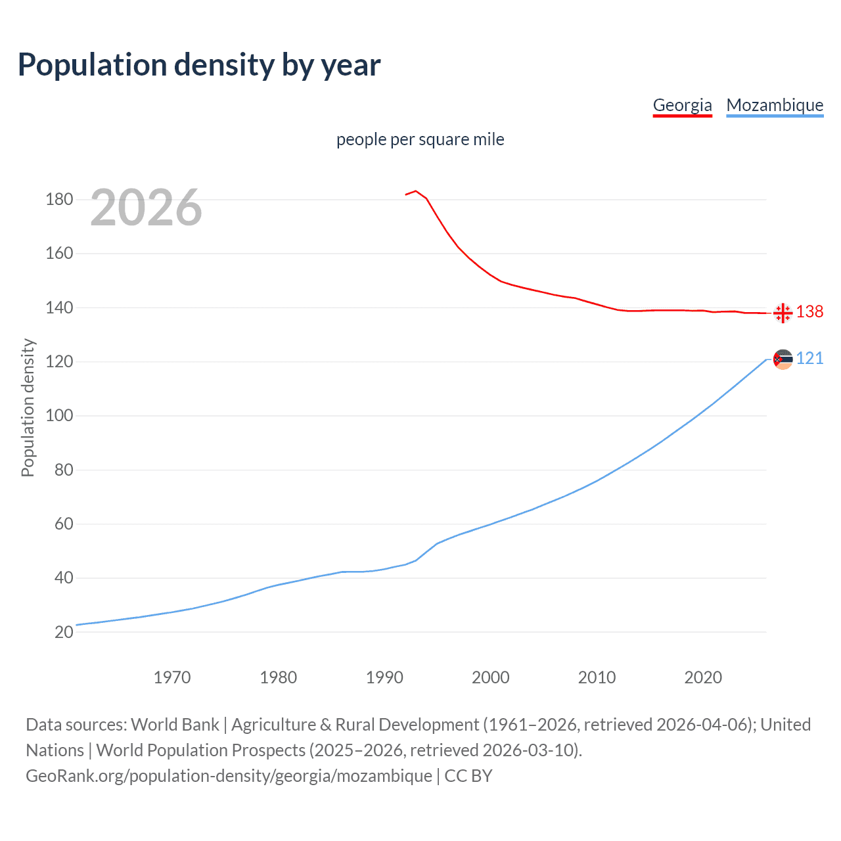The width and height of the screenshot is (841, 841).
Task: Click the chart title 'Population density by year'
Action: click(199, 65)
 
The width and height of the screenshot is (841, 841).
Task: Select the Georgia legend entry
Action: click(682, 105)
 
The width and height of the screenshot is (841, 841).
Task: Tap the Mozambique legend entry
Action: click(775, 105)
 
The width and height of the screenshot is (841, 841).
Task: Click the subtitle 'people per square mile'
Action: click(420, 139)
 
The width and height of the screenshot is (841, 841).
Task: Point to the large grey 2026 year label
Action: click(146, 208)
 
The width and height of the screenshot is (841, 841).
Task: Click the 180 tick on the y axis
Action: click(59, 199)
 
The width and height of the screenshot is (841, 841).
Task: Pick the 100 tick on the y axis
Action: click(59, 416)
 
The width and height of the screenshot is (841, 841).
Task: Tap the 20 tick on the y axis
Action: click(64, 632)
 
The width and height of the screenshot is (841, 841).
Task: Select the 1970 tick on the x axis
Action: click(172, 677)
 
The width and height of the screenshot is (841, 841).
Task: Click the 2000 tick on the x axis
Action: click(490, 677)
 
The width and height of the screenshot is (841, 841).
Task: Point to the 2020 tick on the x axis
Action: click(703, 677)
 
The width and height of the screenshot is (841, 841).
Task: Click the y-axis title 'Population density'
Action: click(28, 407)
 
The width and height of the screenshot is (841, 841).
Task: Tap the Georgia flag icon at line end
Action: click(783, 313)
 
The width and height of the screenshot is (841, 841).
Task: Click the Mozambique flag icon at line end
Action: click(783, 359)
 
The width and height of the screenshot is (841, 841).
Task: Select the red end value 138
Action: click(809, 311)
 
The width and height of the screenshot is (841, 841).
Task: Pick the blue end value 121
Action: click(809, 358)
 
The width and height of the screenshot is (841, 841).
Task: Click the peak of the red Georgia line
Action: click(416, 191)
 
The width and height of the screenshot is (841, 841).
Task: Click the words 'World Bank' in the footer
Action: click(175, 725)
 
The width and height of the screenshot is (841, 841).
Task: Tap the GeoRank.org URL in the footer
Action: click(229, 776)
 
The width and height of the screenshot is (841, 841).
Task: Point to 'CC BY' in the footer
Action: click(468, 776)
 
